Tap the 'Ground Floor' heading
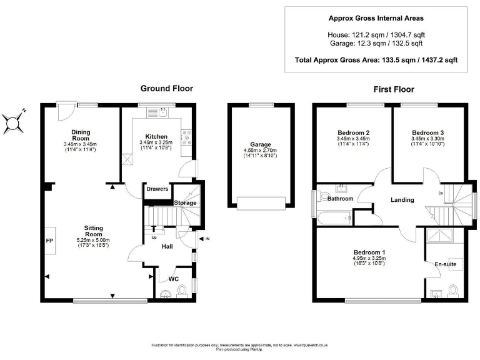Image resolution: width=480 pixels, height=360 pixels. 166,89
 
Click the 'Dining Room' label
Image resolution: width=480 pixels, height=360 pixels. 81,135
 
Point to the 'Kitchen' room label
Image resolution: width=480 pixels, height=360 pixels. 156,136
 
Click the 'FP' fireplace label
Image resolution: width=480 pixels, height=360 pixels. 48,240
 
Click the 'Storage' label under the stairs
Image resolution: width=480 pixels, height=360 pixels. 185,203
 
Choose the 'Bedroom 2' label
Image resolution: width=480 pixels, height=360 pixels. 354,132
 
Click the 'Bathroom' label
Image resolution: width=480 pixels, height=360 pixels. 340,199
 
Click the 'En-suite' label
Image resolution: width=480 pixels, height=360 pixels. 445,264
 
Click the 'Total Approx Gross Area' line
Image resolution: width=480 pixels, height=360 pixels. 376,60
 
